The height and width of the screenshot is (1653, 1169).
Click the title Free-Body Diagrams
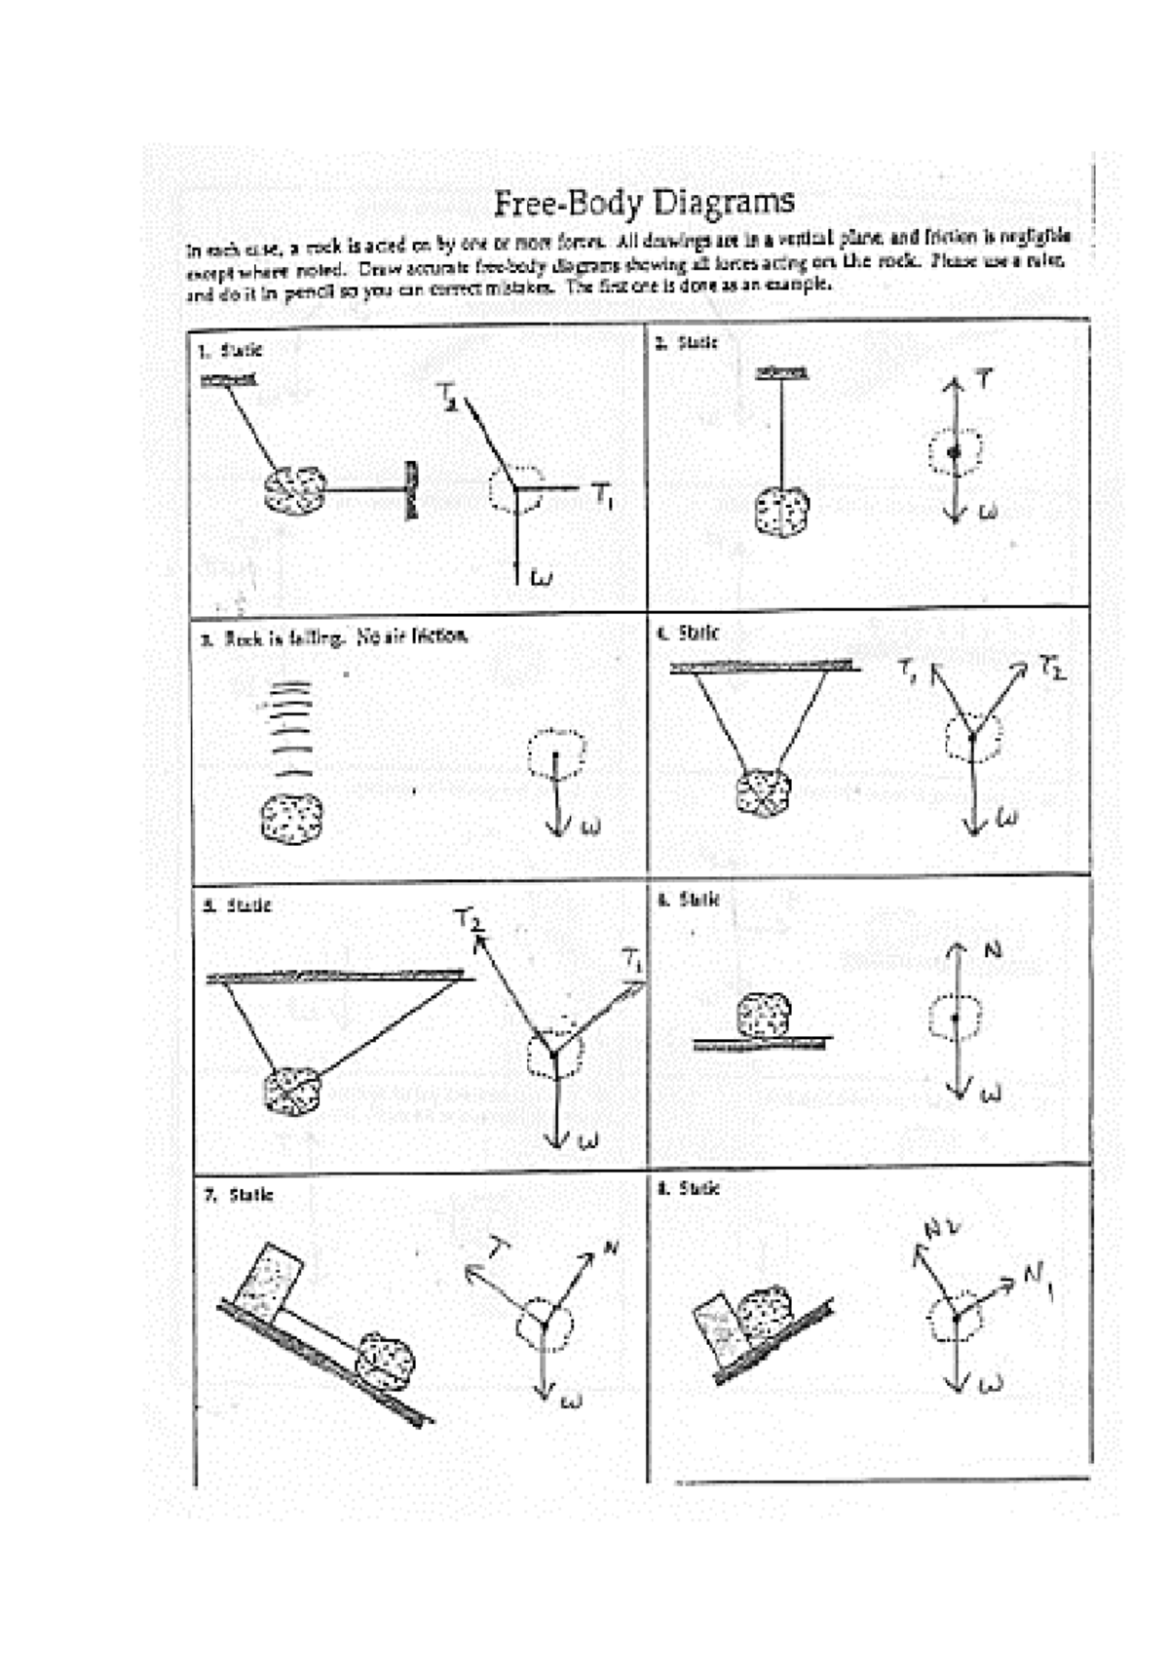tap(644, 203)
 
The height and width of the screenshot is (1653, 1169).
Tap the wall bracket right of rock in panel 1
tap(412, 490)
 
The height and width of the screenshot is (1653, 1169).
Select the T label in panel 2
tap(985, 378)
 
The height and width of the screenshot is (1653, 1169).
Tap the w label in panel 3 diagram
tap(590, 827)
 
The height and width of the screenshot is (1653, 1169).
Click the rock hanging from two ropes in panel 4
tap(763, 791)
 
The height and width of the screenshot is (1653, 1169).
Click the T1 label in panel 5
tap(633, 960)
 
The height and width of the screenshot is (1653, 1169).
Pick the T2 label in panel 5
tap(469, 918)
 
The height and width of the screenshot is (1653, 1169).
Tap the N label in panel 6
tap(993, 948)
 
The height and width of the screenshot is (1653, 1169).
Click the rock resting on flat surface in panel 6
tap(763, 1016)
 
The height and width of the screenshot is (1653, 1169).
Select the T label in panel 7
tap(498, 1248)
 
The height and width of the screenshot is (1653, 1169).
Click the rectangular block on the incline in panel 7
tap(269, 1278)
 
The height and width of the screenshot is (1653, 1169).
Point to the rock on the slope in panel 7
tap(386, 1361)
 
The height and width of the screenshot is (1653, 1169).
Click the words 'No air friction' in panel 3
tap(411, 636)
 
